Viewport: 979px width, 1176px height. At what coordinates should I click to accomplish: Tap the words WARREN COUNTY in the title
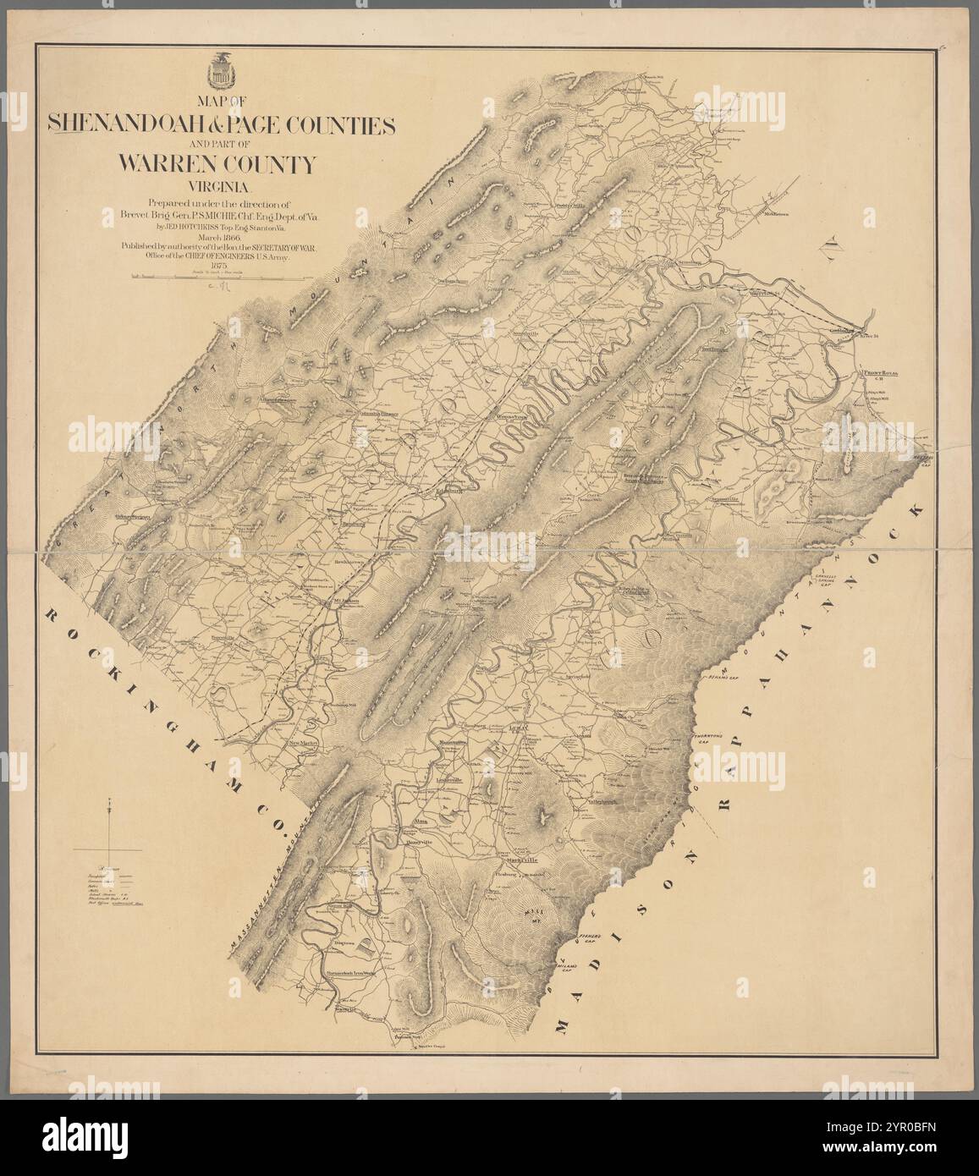tap(217, 163)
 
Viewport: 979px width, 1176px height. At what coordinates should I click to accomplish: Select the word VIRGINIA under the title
tap(218, 187)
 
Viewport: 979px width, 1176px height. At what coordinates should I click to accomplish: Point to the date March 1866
tap(218, 239)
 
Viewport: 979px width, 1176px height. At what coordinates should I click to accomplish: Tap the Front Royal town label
tap(880, 372)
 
